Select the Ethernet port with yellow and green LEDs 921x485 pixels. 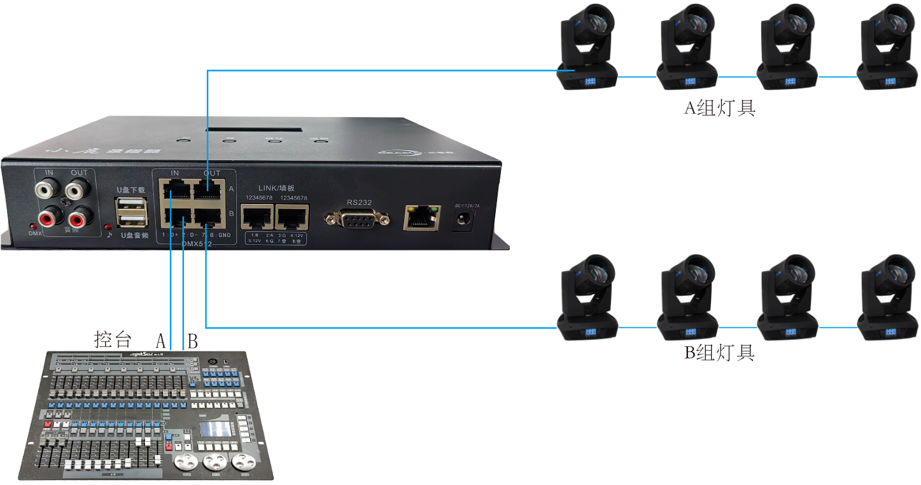421,217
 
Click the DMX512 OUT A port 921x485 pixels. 208,189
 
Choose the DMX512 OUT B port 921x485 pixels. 208,217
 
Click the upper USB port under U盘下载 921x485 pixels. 132,205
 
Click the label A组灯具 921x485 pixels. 719,108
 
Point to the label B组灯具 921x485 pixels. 719,352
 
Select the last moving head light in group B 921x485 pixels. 887,297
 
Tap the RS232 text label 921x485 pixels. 359,202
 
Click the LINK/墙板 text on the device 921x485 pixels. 276,188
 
